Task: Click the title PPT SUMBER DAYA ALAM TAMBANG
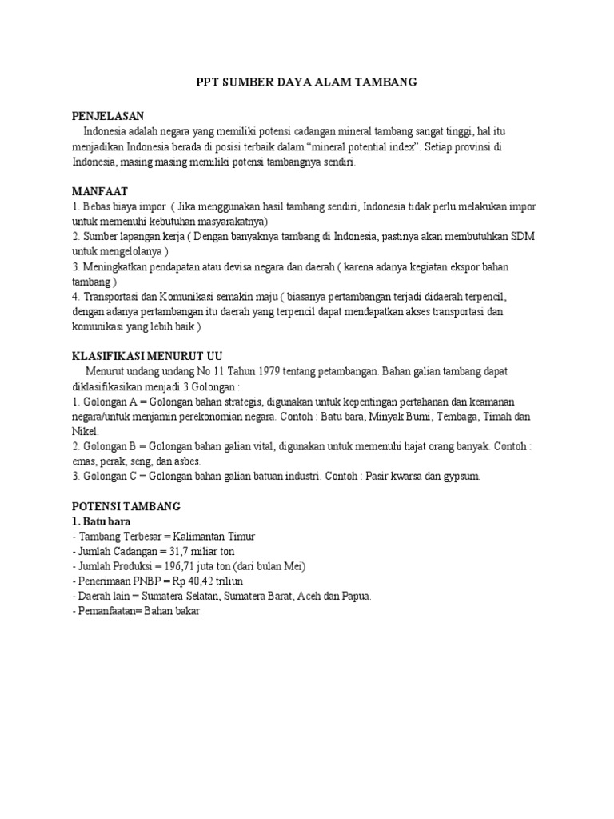307,82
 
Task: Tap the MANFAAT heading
100,191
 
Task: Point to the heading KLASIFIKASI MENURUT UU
148,356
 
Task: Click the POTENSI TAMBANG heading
126,507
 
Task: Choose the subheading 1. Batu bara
102,521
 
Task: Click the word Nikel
84,431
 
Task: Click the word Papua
353,597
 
